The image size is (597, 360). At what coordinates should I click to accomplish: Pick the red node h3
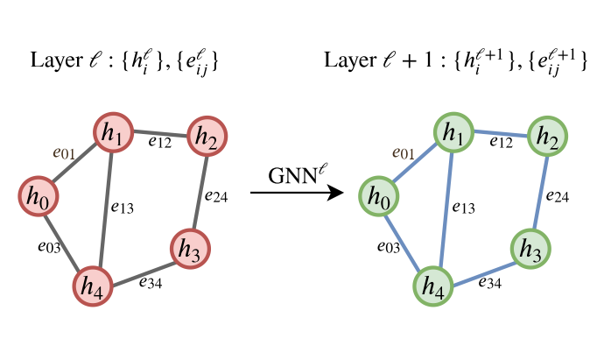[189, 250]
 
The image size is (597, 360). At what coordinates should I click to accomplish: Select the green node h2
[545, 137]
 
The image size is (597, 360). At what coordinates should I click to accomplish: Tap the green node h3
[530, 250]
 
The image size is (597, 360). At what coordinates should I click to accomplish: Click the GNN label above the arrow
[287, 173]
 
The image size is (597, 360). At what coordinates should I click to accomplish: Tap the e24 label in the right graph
[558, 195]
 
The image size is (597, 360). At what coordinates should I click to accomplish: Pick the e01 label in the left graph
[66, 154]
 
